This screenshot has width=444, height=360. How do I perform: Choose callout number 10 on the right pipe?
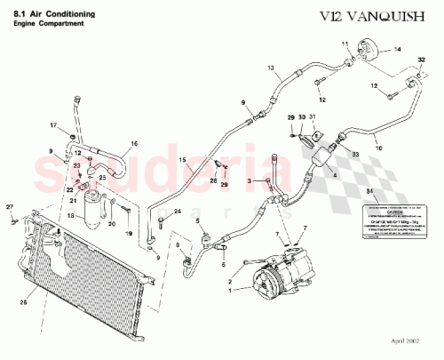click(379, 150)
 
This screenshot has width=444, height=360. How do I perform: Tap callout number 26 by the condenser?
click(22, 284)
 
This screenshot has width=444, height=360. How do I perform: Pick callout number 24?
click(178, 210)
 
